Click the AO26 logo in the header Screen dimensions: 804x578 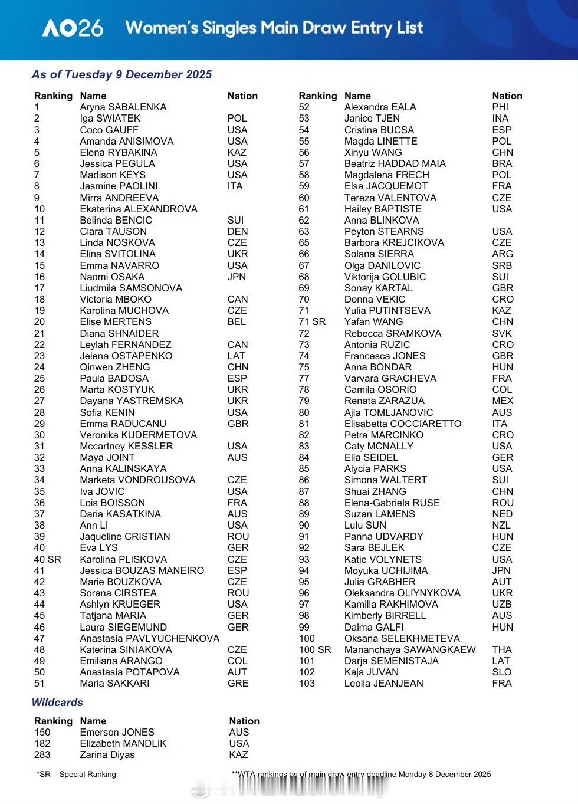pos(73,28)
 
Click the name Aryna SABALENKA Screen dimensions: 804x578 pos(123,107)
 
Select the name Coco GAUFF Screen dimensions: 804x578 pos(109,130)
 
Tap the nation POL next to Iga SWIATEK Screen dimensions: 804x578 pos(237,119)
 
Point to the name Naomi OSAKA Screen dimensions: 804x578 pos(112,277)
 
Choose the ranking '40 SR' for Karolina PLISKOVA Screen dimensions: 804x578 pos(48,559)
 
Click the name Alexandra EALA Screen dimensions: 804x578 pos(380,107)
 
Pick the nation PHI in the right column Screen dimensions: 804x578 pos(500,107)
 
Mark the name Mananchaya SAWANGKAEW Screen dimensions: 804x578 pos(410,649)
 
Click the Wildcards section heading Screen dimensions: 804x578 pos(57,703)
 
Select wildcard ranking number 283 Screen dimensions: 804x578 pos(42,755)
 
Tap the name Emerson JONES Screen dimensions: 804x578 pos(117,733)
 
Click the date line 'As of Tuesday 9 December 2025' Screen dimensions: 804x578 pos(121,75)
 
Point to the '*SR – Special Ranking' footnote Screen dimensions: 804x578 pos(76,775)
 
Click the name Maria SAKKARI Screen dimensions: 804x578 pos(115,684)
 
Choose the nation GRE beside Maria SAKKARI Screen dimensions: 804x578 pos(238,684)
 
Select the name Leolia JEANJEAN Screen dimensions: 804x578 pos(384,684)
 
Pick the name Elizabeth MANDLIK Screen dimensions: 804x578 pos(123,744)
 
